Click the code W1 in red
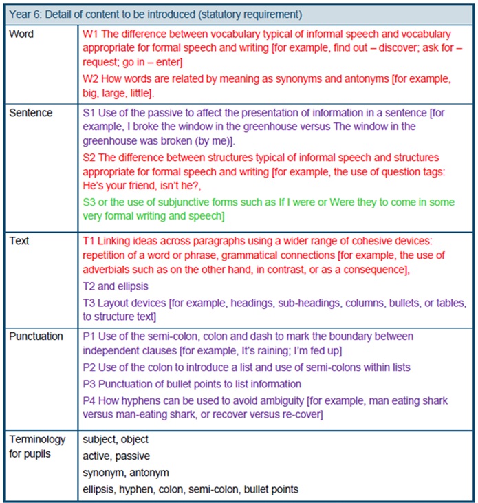[x=89, y=34]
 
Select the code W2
[x=89, y=78]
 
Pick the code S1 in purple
[x=89, y=113]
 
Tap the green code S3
[x=89, y=201]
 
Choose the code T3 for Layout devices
[x=88, y=303]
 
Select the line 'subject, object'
[x=115, y=439]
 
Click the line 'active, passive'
[x=116, y=456]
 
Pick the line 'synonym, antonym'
[x=126, y=473]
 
